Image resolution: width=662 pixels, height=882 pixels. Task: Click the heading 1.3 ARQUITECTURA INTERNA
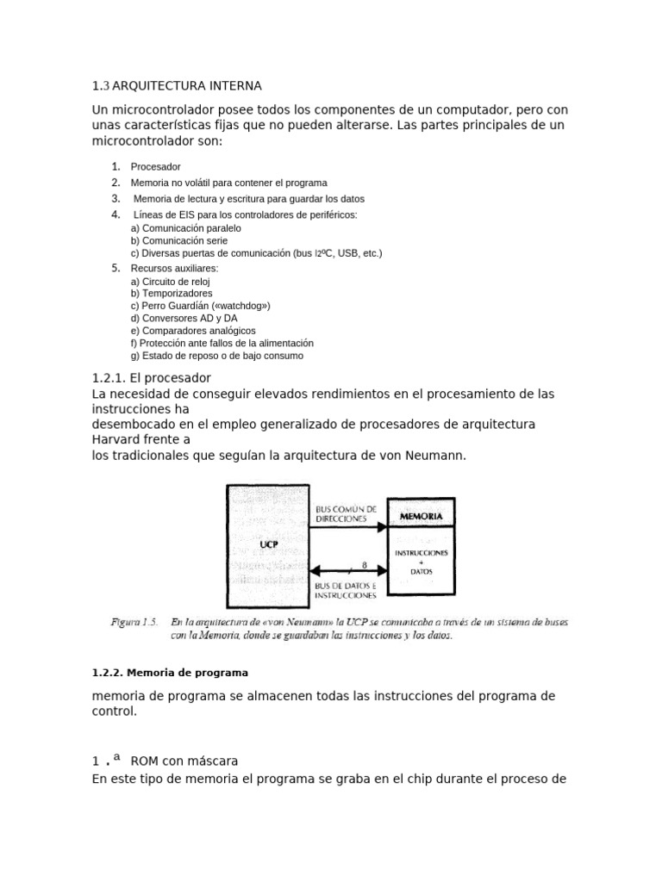point(176,86)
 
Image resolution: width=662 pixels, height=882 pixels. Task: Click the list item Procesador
point(155,166)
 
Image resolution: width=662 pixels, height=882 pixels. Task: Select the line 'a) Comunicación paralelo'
point(185,228)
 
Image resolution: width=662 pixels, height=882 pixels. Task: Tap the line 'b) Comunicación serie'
point(179,241)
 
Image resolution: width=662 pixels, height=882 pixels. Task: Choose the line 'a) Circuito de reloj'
point(170,282)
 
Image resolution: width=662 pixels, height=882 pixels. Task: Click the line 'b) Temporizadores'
point(171,294)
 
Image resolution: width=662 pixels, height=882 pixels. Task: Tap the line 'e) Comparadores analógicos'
point(193,331)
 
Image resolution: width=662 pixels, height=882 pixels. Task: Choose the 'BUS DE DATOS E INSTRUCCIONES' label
point(344,590)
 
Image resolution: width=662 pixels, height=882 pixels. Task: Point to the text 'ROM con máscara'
point(184,761)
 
